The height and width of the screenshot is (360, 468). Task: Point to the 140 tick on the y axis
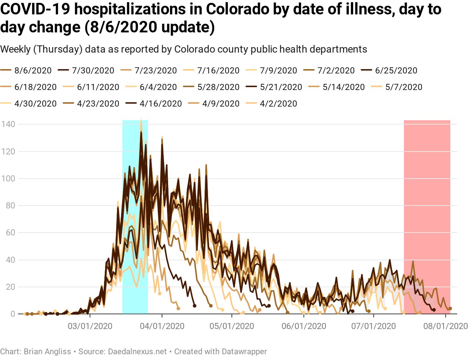click(8, 124)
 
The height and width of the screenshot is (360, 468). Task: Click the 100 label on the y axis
click(8, 179)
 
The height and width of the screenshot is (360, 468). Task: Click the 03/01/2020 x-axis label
click(90, 326)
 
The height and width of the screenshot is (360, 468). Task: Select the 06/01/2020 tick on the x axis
click(304, 326)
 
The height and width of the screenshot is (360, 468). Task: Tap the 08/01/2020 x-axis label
click(446, 326)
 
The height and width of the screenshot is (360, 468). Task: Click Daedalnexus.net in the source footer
click(138, 351)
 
